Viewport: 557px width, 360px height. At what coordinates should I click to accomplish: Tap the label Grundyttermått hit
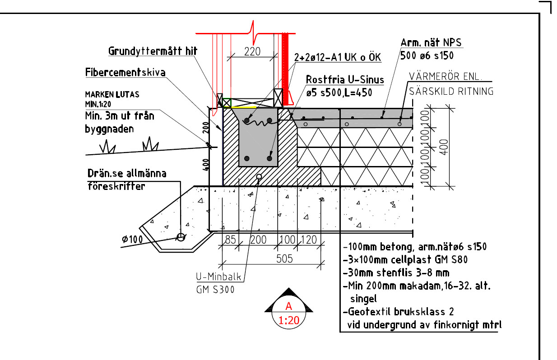point(153,51)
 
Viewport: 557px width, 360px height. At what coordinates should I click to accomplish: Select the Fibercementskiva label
point(125,73)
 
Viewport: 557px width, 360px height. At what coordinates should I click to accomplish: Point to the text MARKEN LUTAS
point(112,95)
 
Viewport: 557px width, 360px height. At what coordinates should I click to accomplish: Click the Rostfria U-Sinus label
point(344,80)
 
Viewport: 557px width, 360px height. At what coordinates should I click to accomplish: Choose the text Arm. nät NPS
point(431,43)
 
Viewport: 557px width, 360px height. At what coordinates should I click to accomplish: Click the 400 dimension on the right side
point(445,146)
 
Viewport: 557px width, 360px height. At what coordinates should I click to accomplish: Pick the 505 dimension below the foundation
point(284,259)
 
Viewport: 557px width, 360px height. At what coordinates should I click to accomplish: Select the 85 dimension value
point(230,240)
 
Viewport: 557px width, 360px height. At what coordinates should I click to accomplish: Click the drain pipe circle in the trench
point(181,237)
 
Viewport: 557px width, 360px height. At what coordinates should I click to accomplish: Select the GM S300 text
point(215,290)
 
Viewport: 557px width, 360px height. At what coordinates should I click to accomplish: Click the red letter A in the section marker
point(289,306)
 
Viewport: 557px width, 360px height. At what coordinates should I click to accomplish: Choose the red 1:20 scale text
point(289,321)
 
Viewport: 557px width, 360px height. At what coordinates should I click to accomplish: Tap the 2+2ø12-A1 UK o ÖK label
point(338,58)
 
